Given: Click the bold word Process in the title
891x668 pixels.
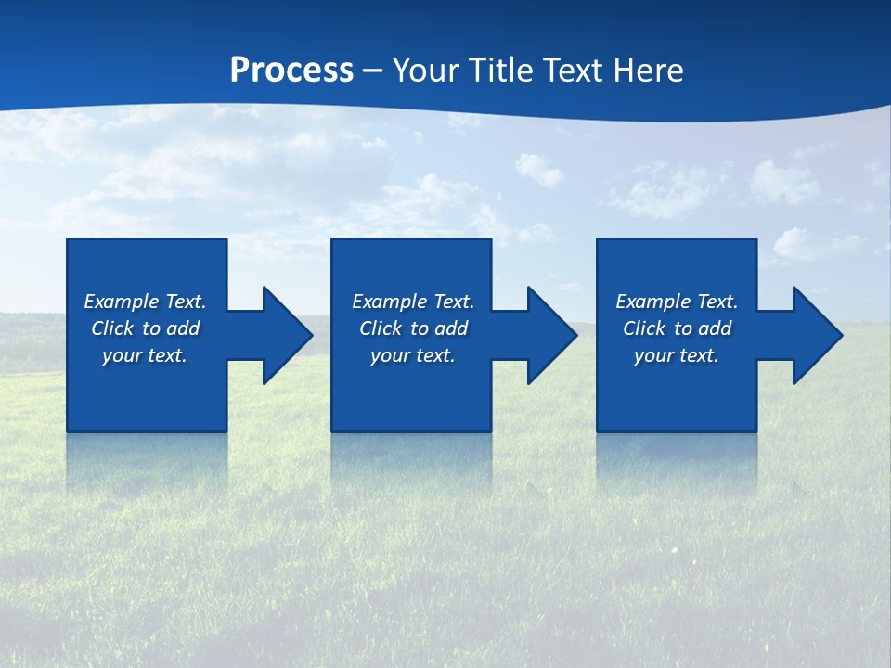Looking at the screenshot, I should [x=291, y=71].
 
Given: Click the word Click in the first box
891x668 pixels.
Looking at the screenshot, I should [x=113, y=328].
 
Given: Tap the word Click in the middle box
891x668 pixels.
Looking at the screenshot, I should [x=381, y=328].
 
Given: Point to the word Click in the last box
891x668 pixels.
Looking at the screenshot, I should [x=645, y=328].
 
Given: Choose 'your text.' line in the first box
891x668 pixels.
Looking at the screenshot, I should [x=145, y=355].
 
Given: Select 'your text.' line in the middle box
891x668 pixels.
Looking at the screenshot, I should [x=413, y=355].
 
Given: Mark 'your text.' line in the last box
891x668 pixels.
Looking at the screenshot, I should [x=677, y=355].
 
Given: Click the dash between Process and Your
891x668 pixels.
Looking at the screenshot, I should [x=373, y=71].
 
